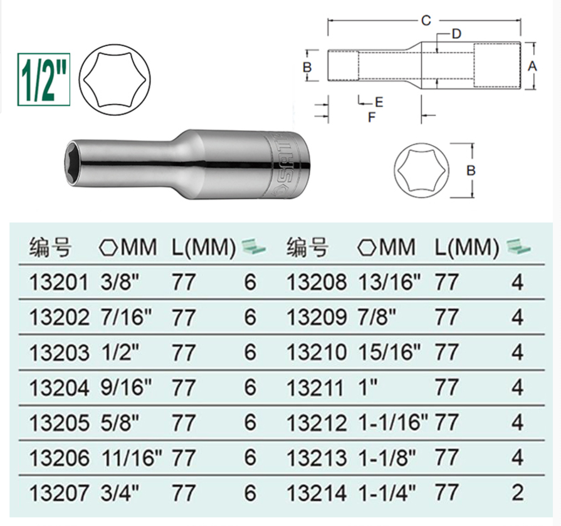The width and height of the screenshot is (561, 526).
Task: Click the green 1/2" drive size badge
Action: tap(44, 80)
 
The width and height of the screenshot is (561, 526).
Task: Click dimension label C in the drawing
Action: tap(426, 21)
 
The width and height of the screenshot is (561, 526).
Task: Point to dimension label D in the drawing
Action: tap(456, 34)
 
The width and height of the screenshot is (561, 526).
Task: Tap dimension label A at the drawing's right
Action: tap(532, 66)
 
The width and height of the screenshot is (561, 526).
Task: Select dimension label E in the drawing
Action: tap(379, 102)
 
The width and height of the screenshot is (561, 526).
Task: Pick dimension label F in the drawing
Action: tap(372, 116)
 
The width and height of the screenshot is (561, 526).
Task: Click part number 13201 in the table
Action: tap(58, 282)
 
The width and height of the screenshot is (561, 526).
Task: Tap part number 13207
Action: tap(58, 492)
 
